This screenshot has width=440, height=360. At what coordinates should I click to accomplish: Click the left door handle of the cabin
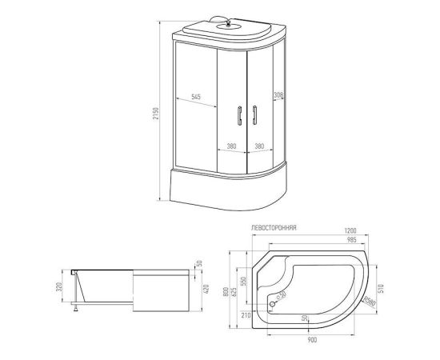pyautogui.click(x=238, y=115)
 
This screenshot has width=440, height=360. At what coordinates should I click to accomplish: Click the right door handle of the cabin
pyautogui.click(x=254, y=115)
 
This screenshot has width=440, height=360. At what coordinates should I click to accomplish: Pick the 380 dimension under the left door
pyautogui.click(x=230, y=146)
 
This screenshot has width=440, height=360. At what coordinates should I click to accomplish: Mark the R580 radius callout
pyautogui.click(x=367, y=301)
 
